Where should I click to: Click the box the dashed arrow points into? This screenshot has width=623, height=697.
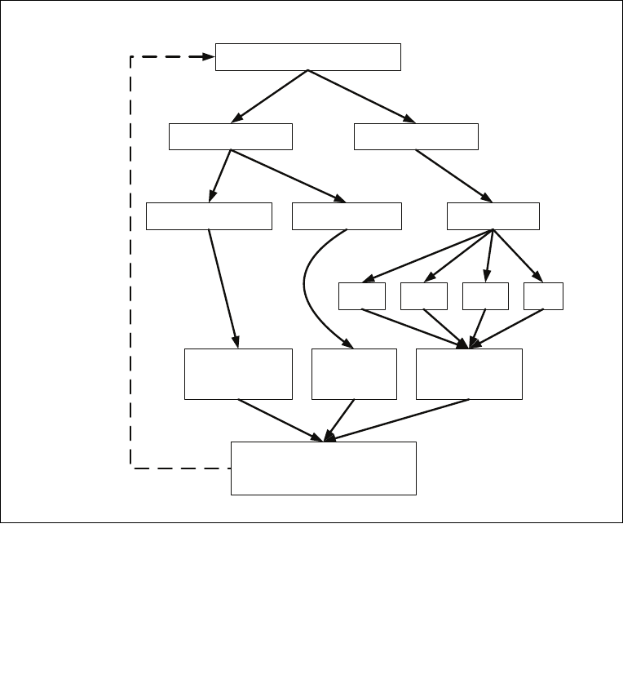coord(308,57)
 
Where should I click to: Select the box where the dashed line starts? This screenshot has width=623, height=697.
coord(323,468)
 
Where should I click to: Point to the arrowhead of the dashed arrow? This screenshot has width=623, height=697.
coord(208,57)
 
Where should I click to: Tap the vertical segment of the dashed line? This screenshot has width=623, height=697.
coord(131,261)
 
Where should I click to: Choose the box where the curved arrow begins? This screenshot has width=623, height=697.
coord(347,216)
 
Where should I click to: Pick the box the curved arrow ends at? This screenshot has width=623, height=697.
coord(354,374)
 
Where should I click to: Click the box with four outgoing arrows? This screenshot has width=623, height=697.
coord(493,216)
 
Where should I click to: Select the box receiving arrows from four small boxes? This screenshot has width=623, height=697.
coord(469,374)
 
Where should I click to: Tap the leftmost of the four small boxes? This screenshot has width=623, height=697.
coord(362,296)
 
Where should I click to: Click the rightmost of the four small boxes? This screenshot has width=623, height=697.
coord(544,296)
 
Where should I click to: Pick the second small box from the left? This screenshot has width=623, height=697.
coord(424,296)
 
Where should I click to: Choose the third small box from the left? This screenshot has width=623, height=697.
coord(485,296)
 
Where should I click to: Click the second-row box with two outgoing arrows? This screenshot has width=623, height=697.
coord(231,136)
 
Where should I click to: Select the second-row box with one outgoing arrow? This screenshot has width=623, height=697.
coord(416,136)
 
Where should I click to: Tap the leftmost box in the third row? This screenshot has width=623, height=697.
coord(209,216)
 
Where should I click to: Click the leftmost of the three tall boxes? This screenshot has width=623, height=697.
coord(238,374)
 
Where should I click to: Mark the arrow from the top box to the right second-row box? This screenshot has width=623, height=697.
coord(363,96)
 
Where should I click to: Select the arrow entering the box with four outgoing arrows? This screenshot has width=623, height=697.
coord(453,175)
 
